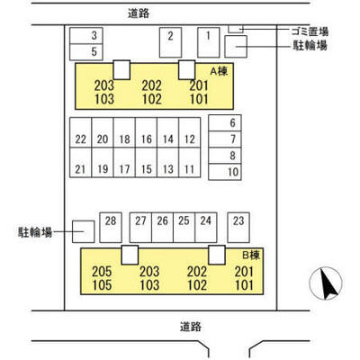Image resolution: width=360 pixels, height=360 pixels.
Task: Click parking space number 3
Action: [x=86, y=36]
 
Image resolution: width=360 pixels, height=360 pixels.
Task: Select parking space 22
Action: [x=81, y=132]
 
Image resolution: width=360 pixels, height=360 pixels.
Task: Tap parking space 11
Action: [x=190, y=162]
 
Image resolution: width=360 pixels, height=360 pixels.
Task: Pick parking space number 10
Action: [x=225, y=172]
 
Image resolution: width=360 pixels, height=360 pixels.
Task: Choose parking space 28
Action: [x=111, y=228]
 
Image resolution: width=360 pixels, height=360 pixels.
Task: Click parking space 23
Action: [x=238, y=228]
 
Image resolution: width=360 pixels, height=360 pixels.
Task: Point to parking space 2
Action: [x=170, y=42]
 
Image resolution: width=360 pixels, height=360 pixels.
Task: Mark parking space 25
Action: [x=184, y=228]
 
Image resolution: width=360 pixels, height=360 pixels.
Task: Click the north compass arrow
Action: [x=328, y=283]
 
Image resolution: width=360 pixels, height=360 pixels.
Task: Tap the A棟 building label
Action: [x=219, y=71]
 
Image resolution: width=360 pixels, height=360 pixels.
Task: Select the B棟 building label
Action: [x=251, y=256]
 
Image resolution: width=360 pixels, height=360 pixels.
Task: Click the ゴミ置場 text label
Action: [x=310, y=31]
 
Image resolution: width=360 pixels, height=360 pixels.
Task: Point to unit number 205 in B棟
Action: [x=102, y=272]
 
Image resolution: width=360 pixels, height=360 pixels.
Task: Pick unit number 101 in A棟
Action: [x=199, y=99]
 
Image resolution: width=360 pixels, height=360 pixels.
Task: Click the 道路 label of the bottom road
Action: [x=191, y=327]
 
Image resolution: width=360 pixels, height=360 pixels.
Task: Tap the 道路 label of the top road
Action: [x=139, y=13]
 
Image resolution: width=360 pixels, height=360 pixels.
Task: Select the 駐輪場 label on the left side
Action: [x=35, y=232]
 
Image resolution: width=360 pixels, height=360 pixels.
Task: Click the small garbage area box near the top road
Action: [x=236, y=29]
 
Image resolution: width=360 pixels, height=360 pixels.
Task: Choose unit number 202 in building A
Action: [x=151, y=85]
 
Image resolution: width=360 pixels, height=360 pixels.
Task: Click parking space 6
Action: [x=225, y=122]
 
